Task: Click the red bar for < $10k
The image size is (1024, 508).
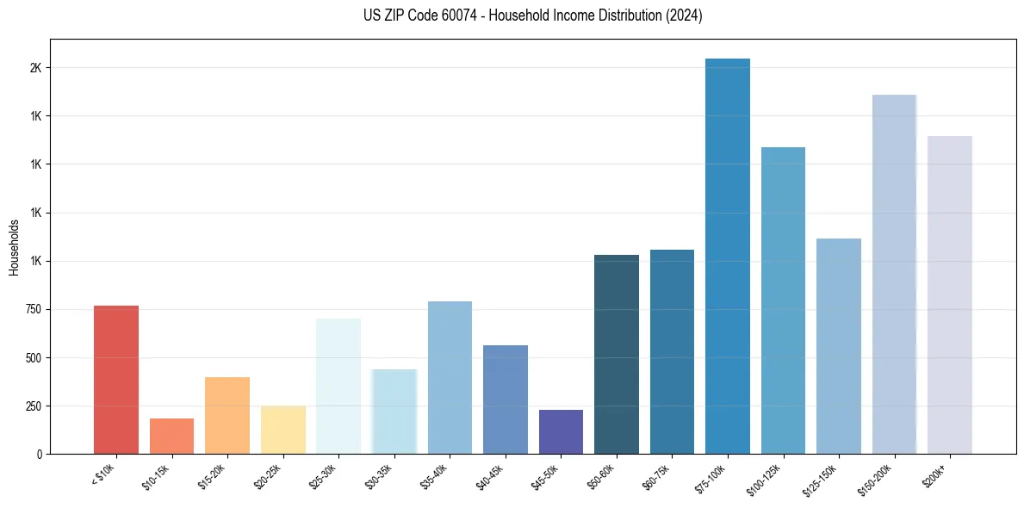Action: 116,380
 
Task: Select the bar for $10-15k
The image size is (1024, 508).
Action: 171,436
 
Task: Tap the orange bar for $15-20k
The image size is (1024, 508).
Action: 227,415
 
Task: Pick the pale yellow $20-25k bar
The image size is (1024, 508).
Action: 283,430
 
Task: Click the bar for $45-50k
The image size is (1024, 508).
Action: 561,431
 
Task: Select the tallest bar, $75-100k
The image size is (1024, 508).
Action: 727,256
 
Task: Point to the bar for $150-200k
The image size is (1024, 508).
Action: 894,274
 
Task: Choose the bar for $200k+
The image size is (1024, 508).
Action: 950,294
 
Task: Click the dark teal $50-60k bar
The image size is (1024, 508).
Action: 617,354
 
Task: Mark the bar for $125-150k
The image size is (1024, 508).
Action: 839,346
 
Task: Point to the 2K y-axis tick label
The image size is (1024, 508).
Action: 35,68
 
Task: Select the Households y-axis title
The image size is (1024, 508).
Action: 14,247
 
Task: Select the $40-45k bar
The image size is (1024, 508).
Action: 506,400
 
